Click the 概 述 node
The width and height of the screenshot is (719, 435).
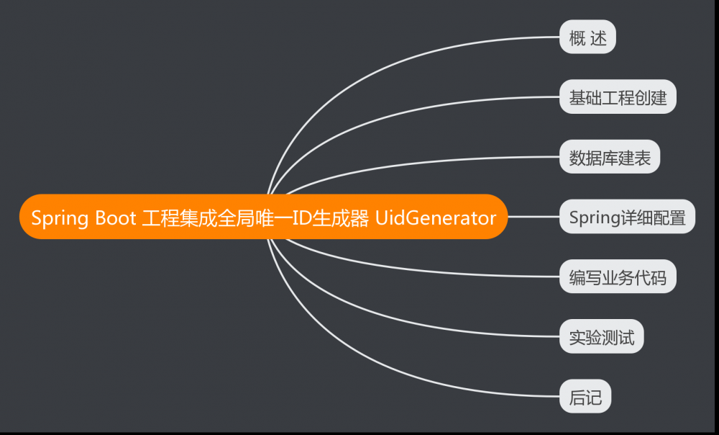tap(587, 38)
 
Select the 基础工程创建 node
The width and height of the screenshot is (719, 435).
tap(618, 98)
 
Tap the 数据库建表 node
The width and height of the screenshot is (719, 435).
tap(609, 158)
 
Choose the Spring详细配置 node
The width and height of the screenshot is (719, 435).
tap(627, 217)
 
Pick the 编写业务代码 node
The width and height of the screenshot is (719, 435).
tap(618, 277)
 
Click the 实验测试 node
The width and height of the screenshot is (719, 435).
tap(601, 337)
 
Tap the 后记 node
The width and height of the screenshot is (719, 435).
tap(585, 397)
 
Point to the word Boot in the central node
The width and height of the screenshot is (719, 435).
tap(115, 217)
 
